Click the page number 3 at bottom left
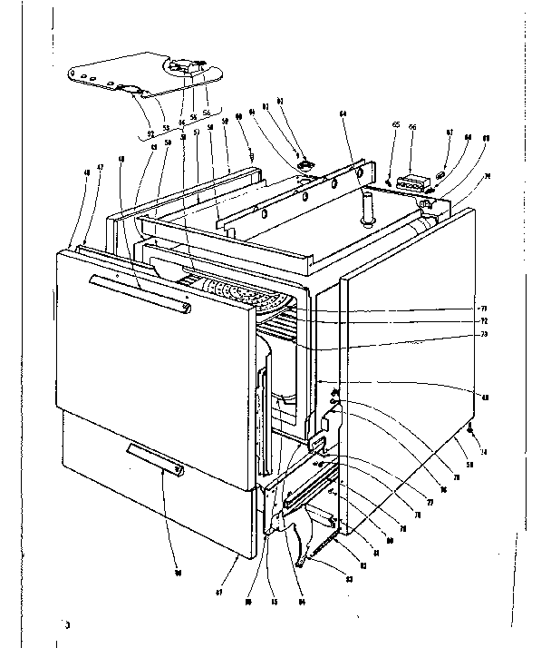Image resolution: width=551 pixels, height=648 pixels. (66, 625)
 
